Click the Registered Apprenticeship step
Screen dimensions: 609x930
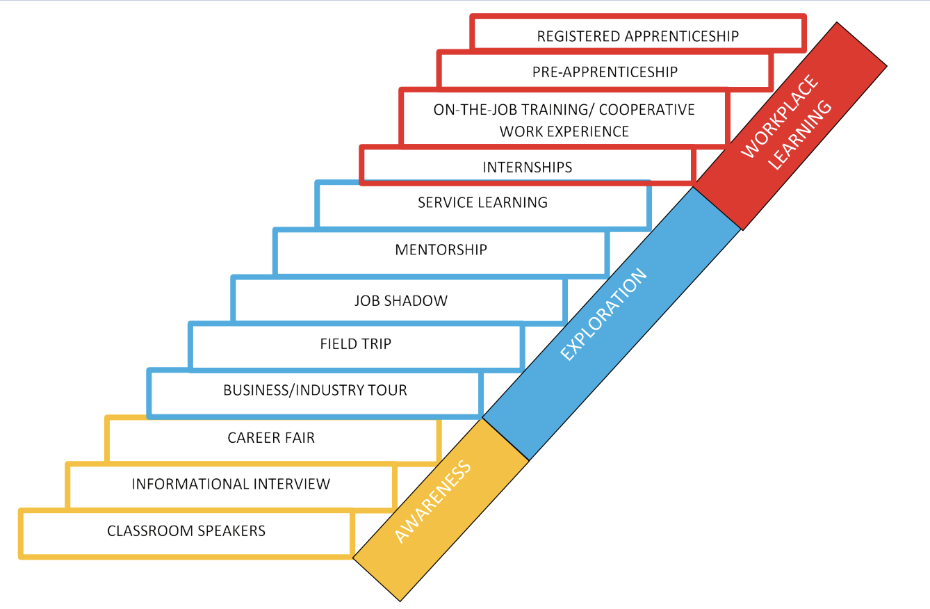(637, 36)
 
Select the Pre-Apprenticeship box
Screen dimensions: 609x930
(605, 72)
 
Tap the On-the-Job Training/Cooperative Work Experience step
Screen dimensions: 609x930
(564, 120)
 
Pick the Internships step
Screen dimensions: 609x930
(527, 167)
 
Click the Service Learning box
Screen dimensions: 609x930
(482, 203)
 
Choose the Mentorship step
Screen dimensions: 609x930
(441, 250)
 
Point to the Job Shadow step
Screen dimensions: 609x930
(400, 300)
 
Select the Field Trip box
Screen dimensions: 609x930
(355, 343)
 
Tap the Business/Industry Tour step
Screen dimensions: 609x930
(315, 390)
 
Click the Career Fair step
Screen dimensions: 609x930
(271, 438)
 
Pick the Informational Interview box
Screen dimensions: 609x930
(231, 484)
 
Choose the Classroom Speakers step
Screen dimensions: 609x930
(186, 531)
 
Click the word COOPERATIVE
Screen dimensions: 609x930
(646, 110)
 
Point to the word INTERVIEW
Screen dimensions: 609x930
(292, 484)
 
